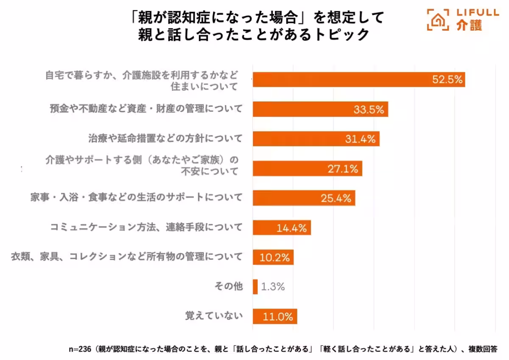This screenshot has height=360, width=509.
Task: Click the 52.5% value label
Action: (x=447, y=80)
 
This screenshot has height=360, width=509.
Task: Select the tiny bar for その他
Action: (x=255, y=287)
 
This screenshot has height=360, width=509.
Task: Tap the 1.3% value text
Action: (x=273, y=287)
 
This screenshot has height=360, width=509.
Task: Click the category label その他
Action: (x=229, y=287)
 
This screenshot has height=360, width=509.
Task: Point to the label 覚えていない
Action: (x=214, y=316)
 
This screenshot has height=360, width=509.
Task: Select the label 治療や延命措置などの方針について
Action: (x=165, y=138)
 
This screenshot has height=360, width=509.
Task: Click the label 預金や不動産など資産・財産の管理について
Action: (x=145, y=109)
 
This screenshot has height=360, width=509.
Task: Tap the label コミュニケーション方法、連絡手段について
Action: (x=146, y=228)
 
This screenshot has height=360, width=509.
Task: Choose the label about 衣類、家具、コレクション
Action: (x=126, y=257)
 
